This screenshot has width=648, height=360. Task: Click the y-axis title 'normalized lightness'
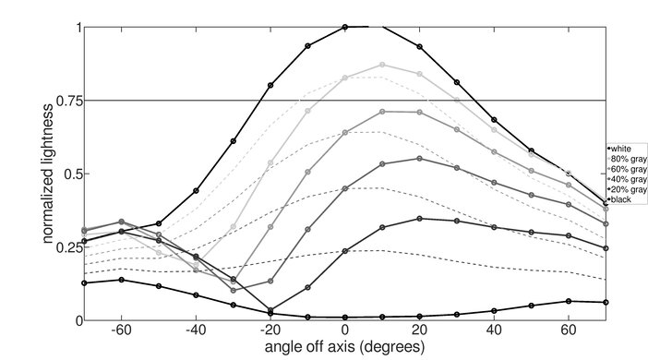pos(44,174)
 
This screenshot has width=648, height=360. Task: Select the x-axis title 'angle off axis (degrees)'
pos(344,348)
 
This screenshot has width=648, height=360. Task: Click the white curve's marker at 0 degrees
pos(345,27)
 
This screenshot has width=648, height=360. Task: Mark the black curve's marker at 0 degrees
pos(345,318)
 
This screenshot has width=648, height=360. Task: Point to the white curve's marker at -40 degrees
pos(196,191)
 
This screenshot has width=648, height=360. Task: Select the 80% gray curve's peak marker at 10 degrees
pos(382,65)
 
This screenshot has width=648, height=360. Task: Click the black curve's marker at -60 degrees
pos(121,280)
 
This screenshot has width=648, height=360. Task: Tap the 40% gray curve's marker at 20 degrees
pos(420,158)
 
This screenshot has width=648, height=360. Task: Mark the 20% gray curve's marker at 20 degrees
pos(420,219)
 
